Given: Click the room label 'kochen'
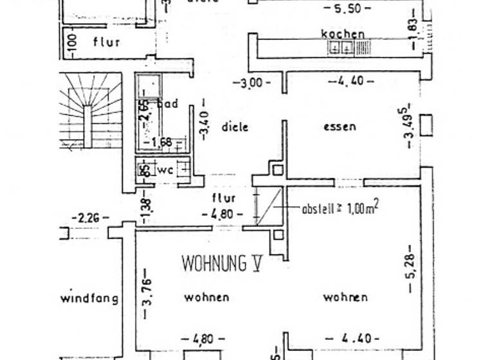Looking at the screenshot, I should point(343,33).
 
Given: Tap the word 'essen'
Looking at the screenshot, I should point(339,127).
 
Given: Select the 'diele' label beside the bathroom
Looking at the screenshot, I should point(235,127).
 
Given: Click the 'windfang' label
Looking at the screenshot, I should point(89,298).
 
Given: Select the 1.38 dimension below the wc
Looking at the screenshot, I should point(145,206).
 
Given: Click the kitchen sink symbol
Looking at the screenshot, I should point(340,47).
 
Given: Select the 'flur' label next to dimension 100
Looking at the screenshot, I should point(107,42).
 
